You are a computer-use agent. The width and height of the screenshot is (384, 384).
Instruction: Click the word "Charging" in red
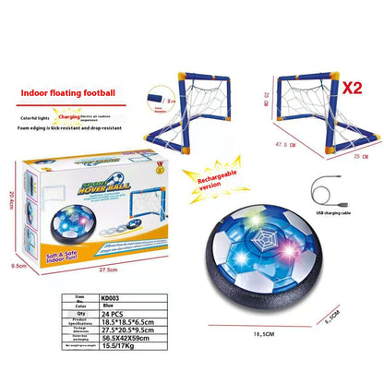pyautogui.click(x=68, y=117)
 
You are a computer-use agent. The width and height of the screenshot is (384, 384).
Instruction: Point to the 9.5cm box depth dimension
pyautogui.click(x=13, y=264)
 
